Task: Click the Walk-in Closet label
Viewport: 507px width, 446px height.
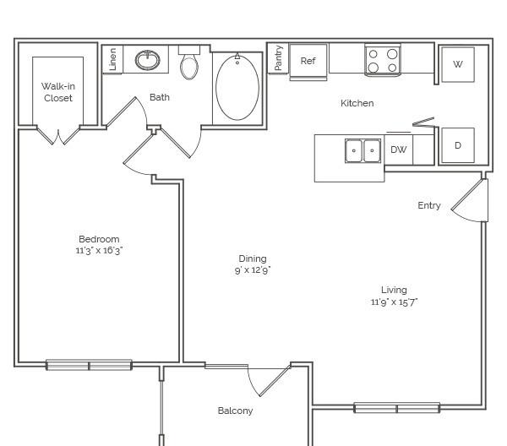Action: tap(58, 92)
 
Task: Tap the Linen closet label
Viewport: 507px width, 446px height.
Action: tap(112, 59)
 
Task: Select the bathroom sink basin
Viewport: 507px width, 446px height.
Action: tap(147, 60)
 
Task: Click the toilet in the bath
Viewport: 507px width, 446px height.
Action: tap(189, 63)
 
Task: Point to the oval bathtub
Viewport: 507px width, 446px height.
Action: tap(237, 87)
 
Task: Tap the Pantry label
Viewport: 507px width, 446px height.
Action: tap(278, 57)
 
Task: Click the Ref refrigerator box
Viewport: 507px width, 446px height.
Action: tap(308, 62)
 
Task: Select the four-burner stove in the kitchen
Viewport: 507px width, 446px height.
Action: tap(383, 60)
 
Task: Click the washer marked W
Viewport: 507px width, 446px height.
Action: tap(458, 64)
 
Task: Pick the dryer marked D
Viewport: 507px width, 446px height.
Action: tap(458, 145)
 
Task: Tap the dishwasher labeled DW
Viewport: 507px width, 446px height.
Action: tap(398, 150)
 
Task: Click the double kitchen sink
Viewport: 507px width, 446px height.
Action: tap(363, 150)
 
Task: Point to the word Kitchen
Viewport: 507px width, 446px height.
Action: tap(357, 103)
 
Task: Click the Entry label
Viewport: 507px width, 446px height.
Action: tap(429, 205)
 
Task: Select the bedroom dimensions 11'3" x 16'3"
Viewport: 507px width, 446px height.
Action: tap(99, 251)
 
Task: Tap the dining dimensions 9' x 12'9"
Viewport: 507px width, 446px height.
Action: tap(253, 269)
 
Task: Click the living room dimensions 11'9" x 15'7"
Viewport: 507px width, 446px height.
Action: tap(394, 302)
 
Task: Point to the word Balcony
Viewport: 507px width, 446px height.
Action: tap(236, 411)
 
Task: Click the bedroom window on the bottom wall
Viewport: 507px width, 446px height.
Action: tap(89, 365)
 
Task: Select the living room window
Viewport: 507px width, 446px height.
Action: tap(397, 408)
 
